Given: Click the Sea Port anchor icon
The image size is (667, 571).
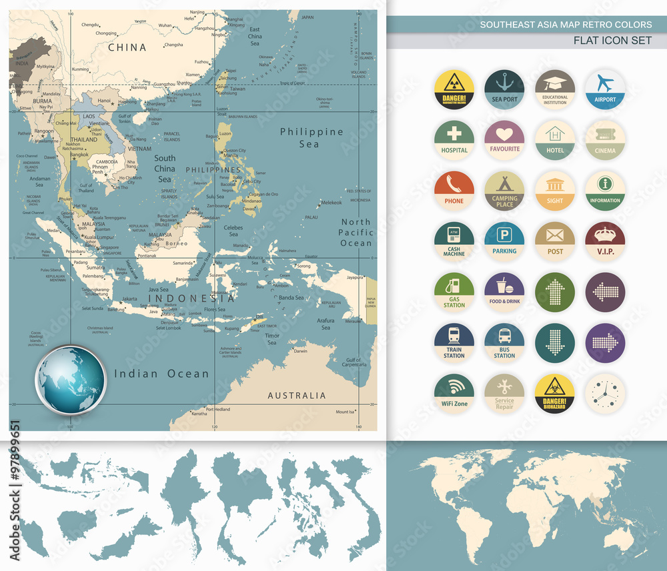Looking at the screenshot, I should click(x=504, y=90).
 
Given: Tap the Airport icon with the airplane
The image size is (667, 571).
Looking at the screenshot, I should click(x=605, y=90).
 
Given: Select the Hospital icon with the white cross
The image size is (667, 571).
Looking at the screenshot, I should click(x=454, y=140).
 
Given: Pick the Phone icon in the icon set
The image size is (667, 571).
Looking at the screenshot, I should click(x=454, y=191).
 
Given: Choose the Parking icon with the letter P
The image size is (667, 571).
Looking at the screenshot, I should click(x=504, y=241).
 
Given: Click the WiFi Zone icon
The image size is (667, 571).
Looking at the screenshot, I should click(x=454, y=394).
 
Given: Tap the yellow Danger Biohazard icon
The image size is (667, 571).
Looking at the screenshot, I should click(x=555, y=394).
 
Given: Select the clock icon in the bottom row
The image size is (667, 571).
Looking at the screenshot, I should click(x=605, y=394).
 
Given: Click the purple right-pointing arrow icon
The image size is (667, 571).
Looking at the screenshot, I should click(x=605, y=343).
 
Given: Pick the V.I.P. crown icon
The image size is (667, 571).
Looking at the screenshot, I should click(x=605, y=241).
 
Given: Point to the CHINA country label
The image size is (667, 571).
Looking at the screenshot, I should click(x=127, y=47).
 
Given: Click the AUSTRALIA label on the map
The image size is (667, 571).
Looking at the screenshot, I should click(x=297, y=396).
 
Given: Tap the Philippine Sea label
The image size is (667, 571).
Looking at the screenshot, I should click(x=311, y=137).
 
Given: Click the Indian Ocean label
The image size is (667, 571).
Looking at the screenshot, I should click(x=161, y=374).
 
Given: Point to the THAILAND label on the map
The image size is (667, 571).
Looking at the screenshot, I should click(x=84, y=140).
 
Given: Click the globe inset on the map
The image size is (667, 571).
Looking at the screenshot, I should click(x=71, y=380).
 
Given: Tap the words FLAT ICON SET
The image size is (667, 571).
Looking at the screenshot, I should click(x=612, y=41).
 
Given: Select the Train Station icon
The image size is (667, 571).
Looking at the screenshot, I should click(x=454, y=343).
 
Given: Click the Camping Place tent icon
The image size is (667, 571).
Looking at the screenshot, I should click(x=504, y=191).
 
